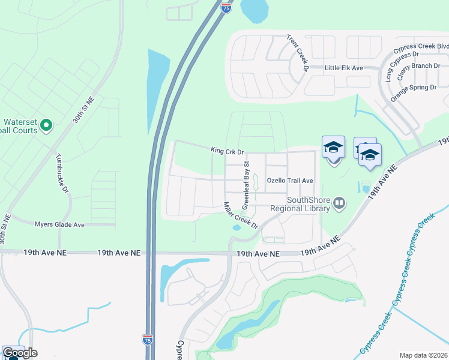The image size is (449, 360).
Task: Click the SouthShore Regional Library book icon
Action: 339,204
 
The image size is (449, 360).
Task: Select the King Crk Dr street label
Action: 227,151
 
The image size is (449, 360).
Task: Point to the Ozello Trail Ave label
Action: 290,180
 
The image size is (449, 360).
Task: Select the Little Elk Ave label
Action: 344,68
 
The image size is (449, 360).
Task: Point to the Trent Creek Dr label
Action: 298,53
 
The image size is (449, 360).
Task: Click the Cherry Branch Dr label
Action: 418,66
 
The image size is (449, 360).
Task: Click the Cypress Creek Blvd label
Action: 421,46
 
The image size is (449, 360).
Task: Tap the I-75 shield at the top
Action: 225,7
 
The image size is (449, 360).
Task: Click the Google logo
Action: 20,353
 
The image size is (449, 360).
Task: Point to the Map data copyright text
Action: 424,355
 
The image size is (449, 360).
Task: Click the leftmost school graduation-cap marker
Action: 334,147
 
